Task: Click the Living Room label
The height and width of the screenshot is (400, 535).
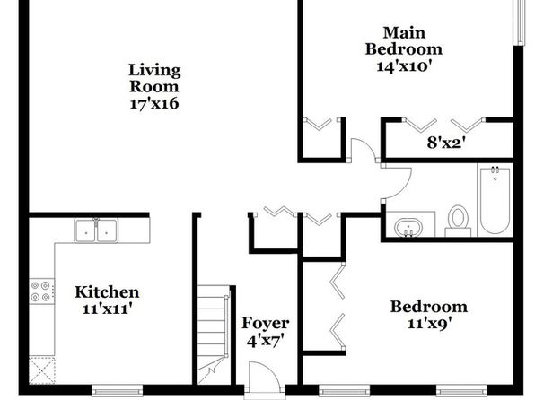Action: [154, 78]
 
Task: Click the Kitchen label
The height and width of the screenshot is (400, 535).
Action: [107, 291]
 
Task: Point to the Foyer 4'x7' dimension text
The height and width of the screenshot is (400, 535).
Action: [265, 341]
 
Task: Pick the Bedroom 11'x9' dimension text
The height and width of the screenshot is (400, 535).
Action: [429, 323]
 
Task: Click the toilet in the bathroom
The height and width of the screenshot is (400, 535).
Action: [458, 221]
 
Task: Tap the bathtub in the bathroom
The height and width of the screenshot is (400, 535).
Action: [496, 199]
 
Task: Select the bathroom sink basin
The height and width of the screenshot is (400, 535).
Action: [408, 227]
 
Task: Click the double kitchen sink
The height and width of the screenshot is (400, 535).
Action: [96, 230]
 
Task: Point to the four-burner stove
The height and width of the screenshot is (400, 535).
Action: [41, 291]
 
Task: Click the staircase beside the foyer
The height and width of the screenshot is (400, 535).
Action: [214, 335]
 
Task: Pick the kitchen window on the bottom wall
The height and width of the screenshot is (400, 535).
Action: [118, 390]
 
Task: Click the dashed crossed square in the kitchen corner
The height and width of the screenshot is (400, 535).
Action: [41, 370]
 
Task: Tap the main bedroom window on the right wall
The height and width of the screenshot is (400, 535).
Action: [520, 22]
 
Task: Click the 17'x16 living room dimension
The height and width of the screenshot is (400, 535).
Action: [154, 103]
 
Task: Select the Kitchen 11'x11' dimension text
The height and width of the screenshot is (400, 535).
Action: [107, 309]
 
